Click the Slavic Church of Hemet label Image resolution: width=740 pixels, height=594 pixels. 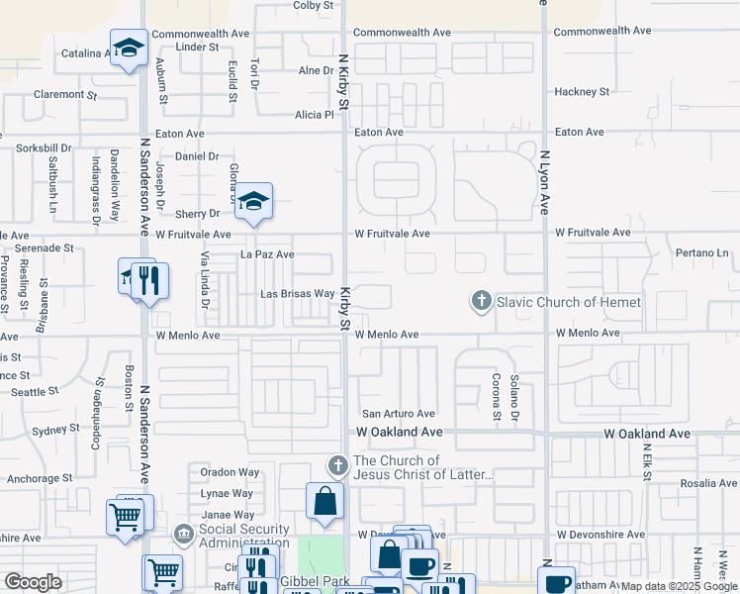point(569,302)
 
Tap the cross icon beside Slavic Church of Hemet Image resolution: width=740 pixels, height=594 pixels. point(482,301)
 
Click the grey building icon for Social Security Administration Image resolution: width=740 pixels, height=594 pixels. point(184,535)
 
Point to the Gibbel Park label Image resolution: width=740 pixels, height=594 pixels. point(316,579)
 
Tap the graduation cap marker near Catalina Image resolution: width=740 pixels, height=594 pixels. point(128,48)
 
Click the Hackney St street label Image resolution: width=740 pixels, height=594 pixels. point(582,92)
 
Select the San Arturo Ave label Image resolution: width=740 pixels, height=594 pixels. point(398,414)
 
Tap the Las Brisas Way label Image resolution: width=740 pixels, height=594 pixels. point(297,294)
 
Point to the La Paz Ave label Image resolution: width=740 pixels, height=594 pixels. point(267,254)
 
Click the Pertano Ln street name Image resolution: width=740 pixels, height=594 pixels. point(702,254)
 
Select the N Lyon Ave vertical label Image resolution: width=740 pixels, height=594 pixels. point(545,183)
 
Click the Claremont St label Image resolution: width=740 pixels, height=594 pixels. point(65,95)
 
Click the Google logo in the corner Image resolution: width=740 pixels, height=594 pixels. point(33,581)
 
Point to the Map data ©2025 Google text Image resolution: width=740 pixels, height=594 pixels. point(679,586)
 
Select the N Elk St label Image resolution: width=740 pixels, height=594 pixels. point(647,461)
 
